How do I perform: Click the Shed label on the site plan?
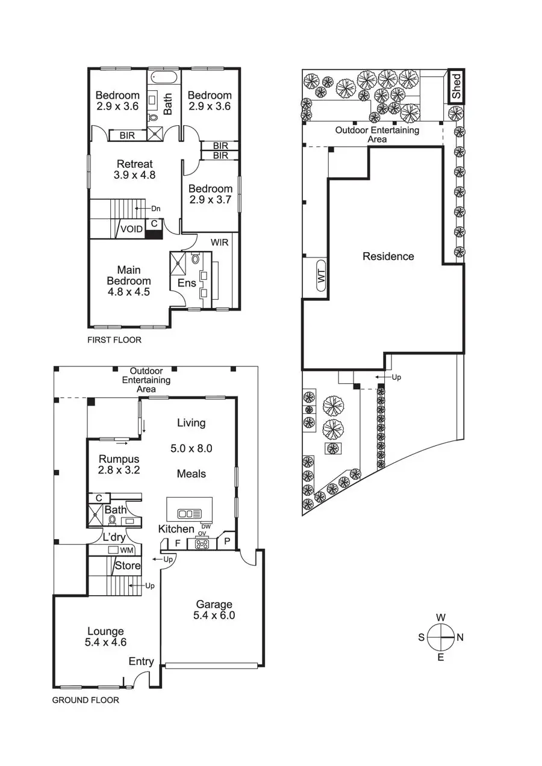(456, 86)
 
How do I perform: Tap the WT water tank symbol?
(321, 276)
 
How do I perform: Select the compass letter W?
(441, 617)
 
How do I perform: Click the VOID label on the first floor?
(131, 229)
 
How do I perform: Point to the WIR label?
(219, 242)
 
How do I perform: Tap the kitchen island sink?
(189, 513)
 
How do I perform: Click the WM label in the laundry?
(126, 551)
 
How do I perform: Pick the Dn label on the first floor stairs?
(155, 209)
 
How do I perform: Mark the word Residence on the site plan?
(388, 256)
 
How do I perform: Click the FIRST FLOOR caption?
(114, 340)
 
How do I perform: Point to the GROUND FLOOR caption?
(85, 700)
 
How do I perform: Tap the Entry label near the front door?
(141, 662)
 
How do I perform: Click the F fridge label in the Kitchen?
(178, 543)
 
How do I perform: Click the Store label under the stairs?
(128, 566)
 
